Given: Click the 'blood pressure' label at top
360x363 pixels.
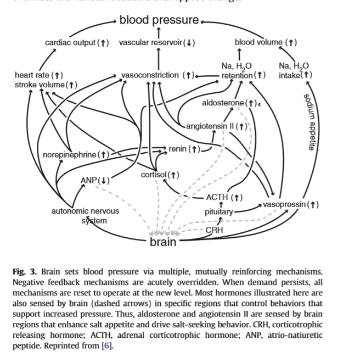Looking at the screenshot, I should [159, 20].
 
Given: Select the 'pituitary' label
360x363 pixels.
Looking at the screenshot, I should [218, 211].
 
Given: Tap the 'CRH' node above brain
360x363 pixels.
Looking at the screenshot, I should [214, 230].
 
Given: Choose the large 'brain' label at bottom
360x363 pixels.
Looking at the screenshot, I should [163, 242].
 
